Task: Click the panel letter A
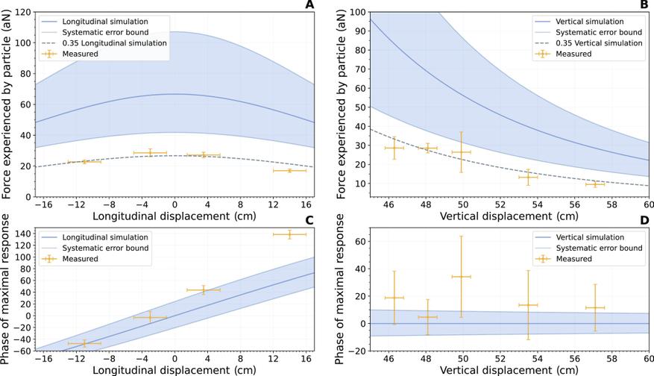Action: (308, 5)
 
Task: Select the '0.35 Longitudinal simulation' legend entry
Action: (101, 43)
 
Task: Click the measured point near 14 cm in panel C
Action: (289, 234)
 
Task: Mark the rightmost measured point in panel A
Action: (289, 171)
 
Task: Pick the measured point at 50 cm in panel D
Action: (462, 277)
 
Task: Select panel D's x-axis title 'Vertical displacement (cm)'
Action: (509, 371)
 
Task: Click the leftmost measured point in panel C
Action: (84, 343)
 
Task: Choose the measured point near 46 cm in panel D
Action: (394, 298)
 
